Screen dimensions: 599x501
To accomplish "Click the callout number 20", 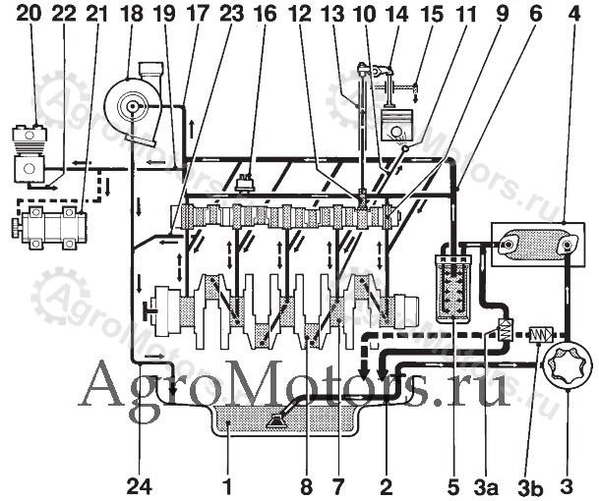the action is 29,14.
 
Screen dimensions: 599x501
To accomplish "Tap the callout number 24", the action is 139,487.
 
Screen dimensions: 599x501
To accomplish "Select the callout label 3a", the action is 486,487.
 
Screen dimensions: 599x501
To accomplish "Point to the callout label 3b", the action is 531,487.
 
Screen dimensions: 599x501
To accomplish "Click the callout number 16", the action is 266,14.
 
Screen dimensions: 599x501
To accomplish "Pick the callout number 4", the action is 574,14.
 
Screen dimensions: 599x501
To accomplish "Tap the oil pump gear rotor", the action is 568,364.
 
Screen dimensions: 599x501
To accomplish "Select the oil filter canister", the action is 453,284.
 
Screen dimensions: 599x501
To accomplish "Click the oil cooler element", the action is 537,245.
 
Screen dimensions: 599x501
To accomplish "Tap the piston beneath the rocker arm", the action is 397,125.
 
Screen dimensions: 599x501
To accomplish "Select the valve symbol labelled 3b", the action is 540,335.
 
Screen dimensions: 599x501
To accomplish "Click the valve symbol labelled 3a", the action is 505,329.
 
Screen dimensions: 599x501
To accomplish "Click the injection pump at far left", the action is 49,228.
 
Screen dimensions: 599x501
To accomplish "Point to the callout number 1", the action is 227,487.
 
